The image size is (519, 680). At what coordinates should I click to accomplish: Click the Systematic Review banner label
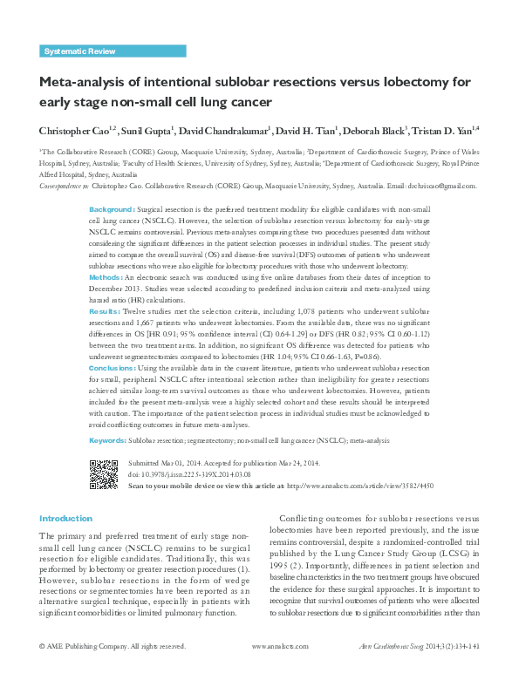click(79, 52)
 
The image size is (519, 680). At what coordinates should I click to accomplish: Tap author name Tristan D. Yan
click(442, 130)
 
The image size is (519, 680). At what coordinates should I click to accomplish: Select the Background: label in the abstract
click(113, 211)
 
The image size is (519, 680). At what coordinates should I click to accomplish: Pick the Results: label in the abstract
click(106, 309)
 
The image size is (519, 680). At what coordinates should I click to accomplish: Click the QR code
click(105, 473)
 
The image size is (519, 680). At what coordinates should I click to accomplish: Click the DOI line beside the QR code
click(189, 473)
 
